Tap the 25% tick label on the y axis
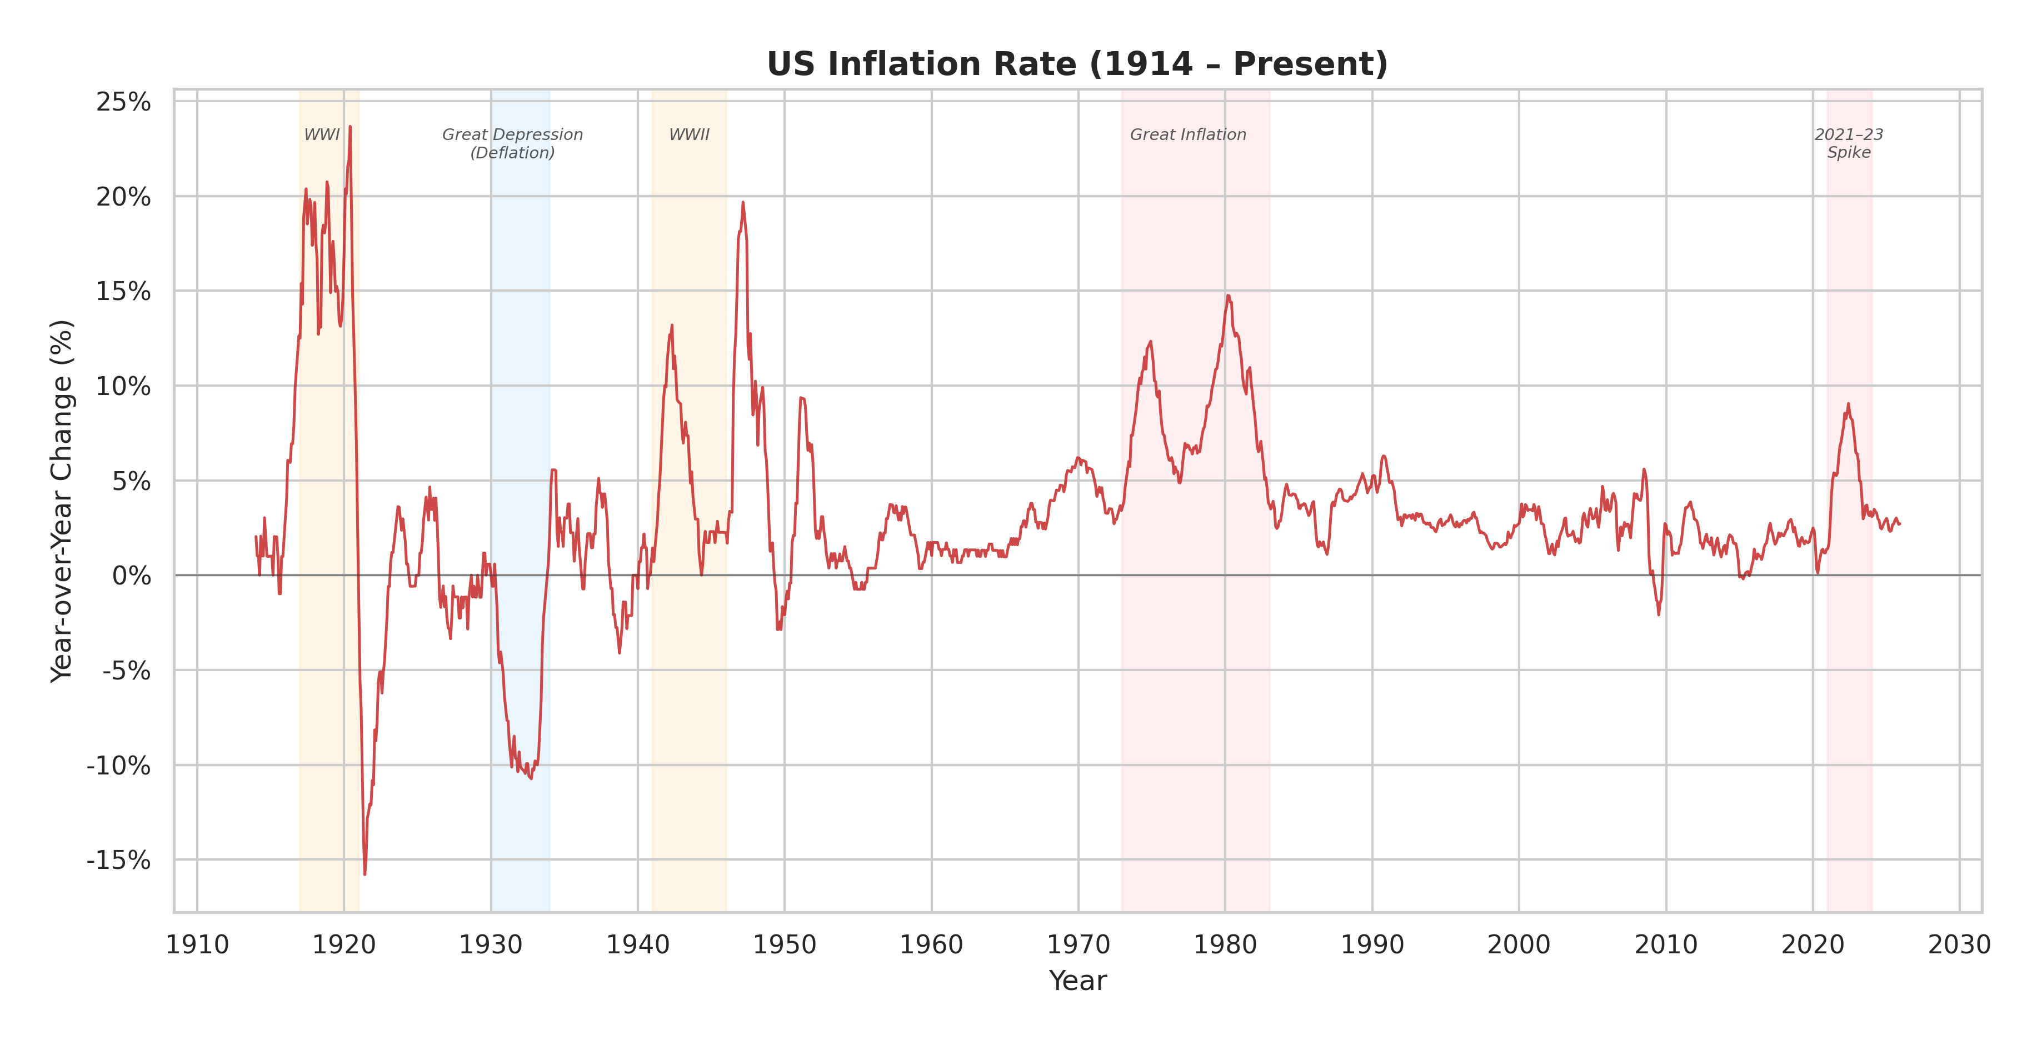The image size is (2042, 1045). tap(123, 102)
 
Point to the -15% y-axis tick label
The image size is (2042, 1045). tap(118, 859)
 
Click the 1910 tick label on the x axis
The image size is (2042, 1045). tap(197, 944)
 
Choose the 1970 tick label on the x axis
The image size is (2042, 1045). tap(1078, 944)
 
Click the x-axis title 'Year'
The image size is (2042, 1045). tap(1077, 981)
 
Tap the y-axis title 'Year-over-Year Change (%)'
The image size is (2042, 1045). tap(62, 501)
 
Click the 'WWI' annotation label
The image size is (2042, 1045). tap(322, 135)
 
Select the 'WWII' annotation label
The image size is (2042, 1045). tap(689, 135)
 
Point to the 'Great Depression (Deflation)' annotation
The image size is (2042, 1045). tap(512, 143)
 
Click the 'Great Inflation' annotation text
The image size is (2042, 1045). tap(1187, 135)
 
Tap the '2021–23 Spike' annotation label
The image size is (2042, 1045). tap(1849, 143)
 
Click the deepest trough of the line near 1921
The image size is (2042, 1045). tap(365, 874)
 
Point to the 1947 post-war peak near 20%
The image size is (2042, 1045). tap(743, 202)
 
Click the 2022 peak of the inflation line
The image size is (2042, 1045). tap(1848, 403)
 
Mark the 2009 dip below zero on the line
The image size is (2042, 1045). tap(1659, 614)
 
